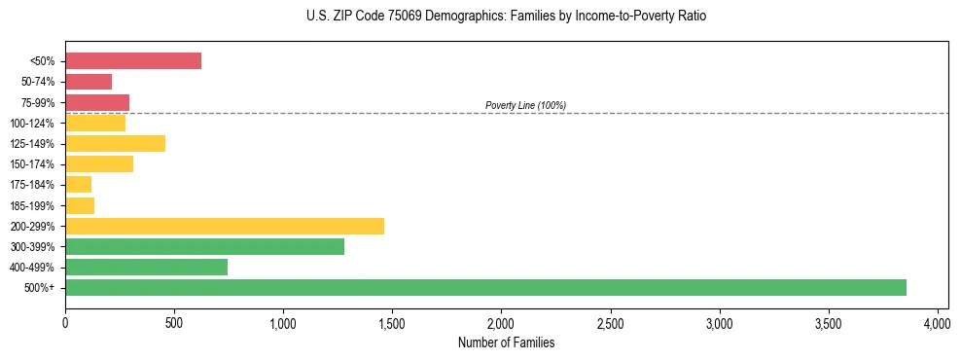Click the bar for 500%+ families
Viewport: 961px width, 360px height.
point(485,287)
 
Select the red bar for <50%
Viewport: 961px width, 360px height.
point(133,61)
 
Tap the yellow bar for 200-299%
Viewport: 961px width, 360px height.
point(225,226)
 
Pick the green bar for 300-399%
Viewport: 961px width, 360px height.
point(204,246)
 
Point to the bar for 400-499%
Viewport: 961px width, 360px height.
point(146,267)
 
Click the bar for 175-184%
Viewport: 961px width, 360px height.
point(79,185)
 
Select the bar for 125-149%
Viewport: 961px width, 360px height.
point(115,144)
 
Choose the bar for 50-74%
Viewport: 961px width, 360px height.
point(89,82)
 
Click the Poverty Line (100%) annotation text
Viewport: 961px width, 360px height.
point(525,105)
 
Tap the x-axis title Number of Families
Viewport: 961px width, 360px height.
point(506,342)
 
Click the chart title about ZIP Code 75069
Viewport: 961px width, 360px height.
point(506,17)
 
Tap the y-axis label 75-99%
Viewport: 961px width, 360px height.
point(39,103)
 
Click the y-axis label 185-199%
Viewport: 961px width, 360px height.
point(36,205)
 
